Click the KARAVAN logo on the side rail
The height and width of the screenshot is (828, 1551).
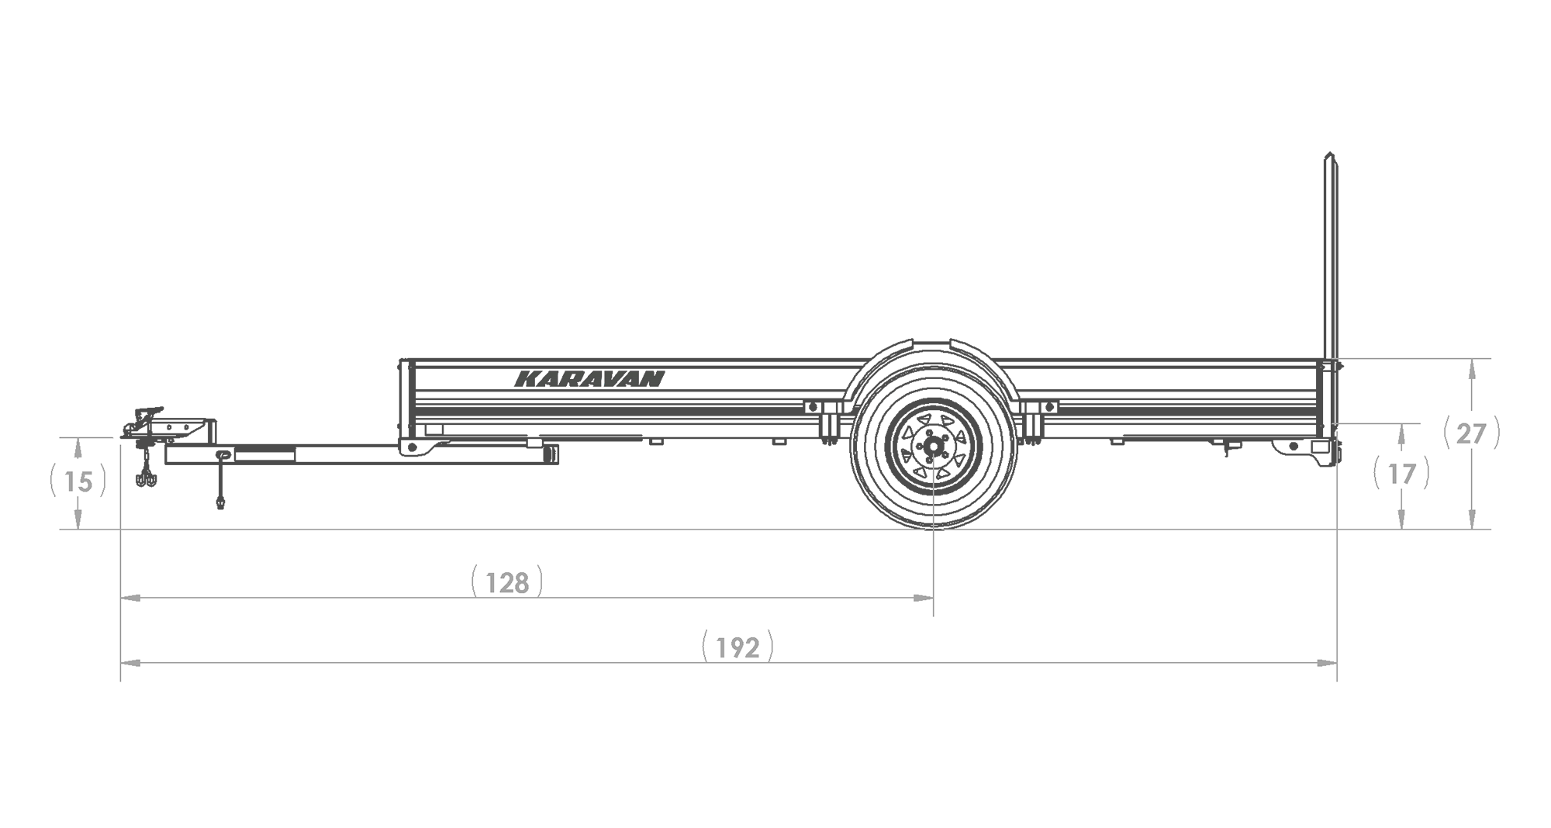click(x=589, y=379)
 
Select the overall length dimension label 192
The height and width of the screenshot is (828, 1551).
click(x=738, y=647)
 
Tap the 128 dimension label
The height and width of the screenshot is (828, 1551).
click(x=507, y=582)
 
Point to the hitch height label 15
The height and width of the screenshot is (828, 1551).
click(x=78, y=482)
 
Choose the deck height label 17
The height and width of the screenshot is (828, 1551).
click(x=1401, y=474)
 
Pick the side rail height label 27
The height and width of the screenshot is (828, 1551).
click(x=1471, y=434)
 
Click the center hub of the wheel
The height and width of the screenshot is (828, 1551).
click(x=933, y=447)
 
